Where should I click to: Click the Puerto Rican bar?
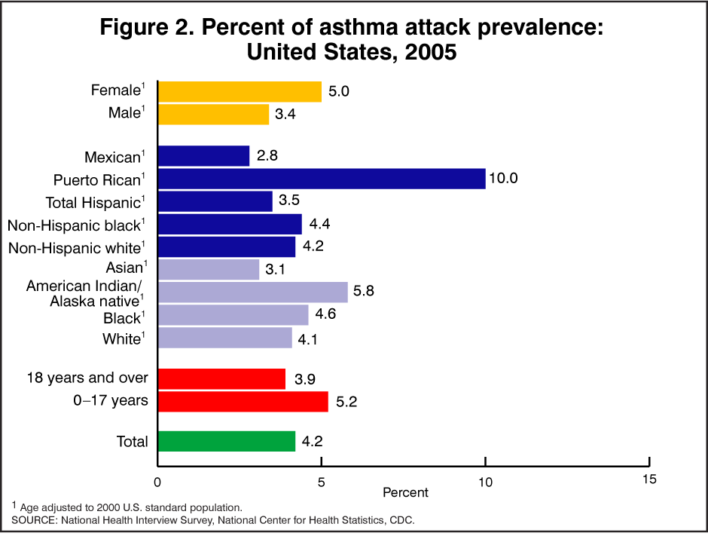(x=322, y=179)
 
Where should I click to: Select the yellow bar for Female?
(x=240, y=91)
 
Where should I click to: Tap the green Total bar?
(x=226, y=441)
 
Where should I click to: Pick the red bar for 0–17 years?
(x=243, y=401)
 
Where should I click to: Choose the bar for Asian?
(x=209, y=269)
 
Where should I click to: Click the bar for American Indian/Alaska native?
(x=252, y=292)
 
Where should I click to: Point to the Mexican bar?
(x=203, y=156)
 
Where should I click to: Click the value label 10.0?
(x=505, y=179)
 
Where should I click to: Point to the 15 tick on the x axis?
(x=649, y=479)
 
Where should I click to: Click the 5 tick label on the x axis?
(x=322, y=481)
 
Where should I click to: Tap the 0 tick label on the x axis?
(x=157, y=481)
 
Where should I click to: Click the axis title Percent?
(x=405, y=492)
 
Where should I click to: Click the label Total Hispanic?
(x=93, y=202)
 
